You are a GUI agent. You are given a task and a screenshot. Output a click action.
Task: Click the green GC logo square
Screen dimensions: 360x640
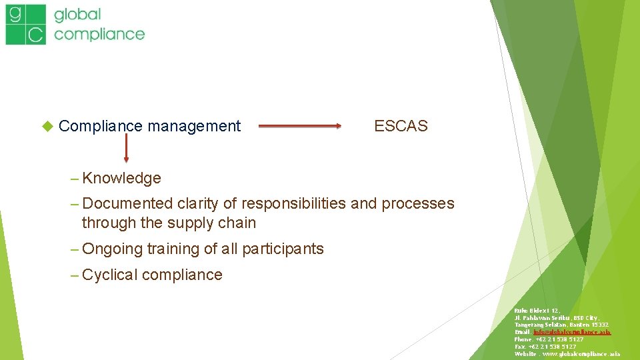point(26,25)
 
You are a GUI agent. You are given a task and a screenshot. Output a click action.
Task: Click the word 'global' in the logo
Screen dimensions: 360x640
point(78,14)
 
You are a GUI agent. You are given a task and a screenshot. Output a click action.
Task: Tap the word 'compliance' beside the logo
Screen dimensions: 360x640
point(99,33)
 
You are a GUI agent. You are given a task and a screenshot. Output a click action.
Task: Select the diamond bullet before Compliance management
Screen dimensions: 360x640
point(47,125)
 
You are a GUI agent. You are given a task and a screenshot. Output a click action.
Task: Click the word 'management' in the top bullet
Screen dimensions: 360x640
point(194,126)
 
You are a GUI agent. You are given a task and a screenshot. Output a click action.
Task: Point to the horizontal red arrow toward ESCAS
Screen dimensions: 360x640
point(299,125)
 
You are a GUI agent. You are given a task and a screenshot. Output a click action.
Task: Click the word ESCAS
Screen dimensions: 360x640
point(401,126)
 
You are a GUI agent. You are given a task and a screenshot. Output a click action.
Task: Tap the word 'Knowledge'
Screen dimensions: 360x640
point(122,178)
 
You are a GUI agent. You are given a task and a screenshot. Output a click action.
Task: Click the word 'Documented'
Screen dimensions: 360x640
point(127,203)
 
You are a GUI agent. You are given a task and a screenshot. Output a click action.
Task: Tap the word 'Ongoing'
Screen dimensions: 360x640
point(113,249)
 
